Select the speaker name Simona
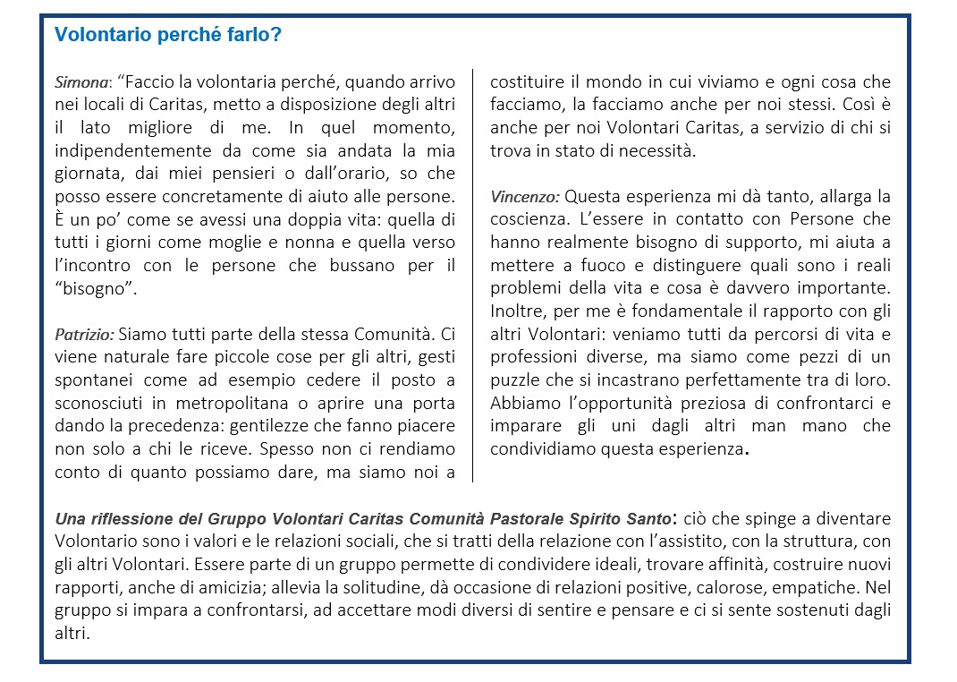(x=80, y=82)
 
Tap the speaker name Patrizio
(x=84, y=335)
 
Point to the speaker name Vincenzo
(x=525, y=196)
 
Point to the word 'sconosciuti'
(x=99, y=404)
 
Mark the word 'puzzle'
(x=515, y=380)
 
